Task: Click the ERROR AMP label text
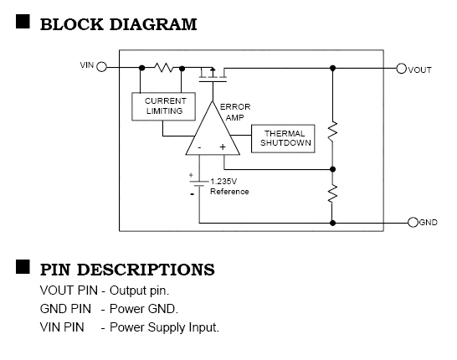tap(235, 112)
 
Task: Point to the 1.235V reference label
tap(229, 187)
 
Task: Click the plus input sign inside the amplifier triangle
tap(223, 147)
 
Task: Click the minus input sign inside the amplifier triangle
tap(199, 147)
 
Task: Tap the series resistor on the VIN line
tap(163, 67)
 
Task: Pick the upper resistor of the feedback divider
tap(332, 131)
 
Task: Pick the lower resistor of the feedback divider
tap(332, 193)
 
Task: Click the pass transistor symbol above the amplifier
tap(213, 75)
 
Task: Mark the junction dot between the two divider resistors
tap(332, 169)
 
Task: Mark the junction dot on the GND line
tap(332, 223)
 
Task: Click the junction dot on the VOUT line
tap(332, 68)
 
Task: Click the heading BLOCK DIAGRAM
tap(118, 24)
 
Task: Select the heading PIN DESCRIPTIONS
tap(127, 270)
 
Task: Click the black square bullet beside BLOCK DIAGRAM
tap(23, 22)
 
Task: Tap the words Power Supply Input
tap(164, 327)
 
